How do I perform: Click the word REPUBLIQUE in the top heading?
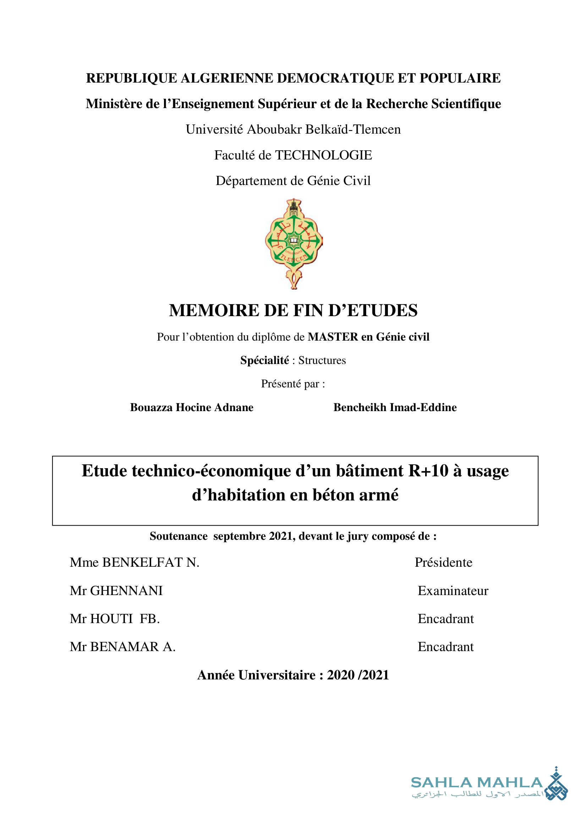tap(131, 78)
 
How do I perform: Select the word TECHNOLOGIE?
tap(324, 155)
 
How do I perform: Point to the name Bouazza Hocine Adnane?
tap(192, 407)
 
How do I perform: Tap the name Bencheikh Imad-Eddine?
tap(395, 407)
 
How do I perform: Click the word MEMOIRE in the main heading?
tap(214, 310)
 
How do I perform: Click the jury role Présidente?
tap(443, 562)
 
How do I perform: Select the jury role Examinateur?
tap(453, 591)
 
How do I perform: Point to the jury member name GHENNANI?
tap(126, 591)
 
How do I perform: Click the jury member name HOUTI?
tap(111, 619)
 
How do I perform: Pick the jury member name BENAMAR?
tap(124, 647)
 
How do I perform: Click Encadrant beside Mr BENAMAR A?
tap(445, 647)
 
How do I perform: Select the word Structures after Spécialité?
tap(322, 360)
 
